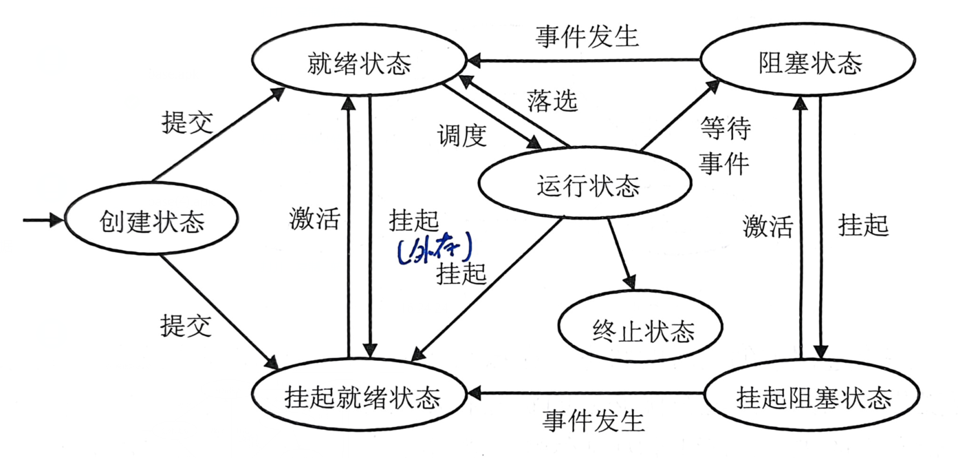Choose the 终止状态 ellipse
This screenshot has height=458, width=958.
coord(643,331)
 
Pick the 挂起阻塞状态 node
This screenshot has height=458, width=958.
coord(813,397)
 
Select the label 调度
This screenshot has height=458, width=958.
coord(461,136)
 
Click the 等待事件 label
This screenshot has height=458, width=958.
coord(724,145)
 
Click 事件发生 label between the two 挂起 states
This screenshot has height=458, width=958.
coord(593,419)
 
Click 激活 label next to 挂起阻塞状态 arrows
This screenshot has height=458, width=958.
coord(768,226)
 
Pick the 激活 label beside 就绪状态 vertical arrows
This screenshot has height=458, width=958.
coord(315,219)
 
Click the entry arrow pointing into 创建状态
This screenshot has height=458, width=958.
coord(41,220)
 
